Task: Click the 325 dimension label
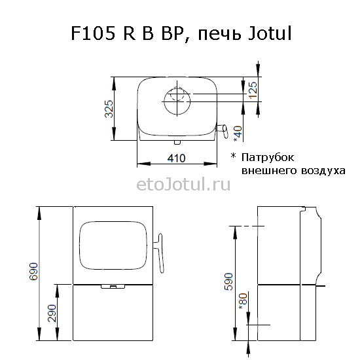[109, 109]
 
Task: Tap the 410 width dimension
[176, 158]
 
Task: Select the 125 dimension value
[253, 90]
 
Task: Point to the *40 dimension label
[238, 134]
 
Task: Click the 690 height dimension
[33, 272]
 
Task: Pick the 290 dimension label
[52, 313]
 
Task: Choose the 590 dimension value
[228, 281]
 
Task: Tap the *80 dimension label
[243, 301]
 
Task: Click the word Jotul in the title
[270, 33]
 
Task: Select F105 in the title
[93, 33]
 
